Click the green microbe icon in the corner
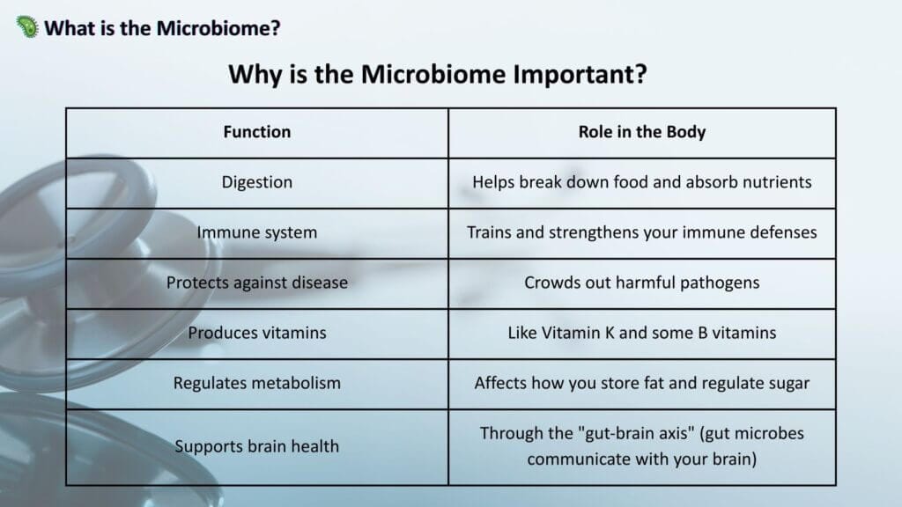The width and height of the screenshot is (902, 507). [27, 26]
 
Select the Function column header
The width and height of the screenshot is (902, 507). [257, 132]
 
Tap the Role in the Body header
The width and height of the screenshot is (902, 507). [642, 132]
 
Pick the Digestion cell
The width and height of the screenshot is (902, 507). [257, 183]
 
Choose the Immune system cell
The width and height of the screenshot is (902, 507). [257, 232]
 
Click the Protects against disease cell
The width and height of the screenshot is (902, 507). [257, 283]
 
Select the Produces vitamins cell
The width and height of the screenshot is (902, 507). [257, 333]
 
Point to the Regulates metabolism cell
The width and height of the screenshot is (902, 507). [257, 384]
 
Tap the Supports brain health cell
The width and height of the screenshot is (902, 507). [257, 446]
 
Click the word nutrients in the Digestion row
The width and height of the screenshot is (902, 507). [777, 182]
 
